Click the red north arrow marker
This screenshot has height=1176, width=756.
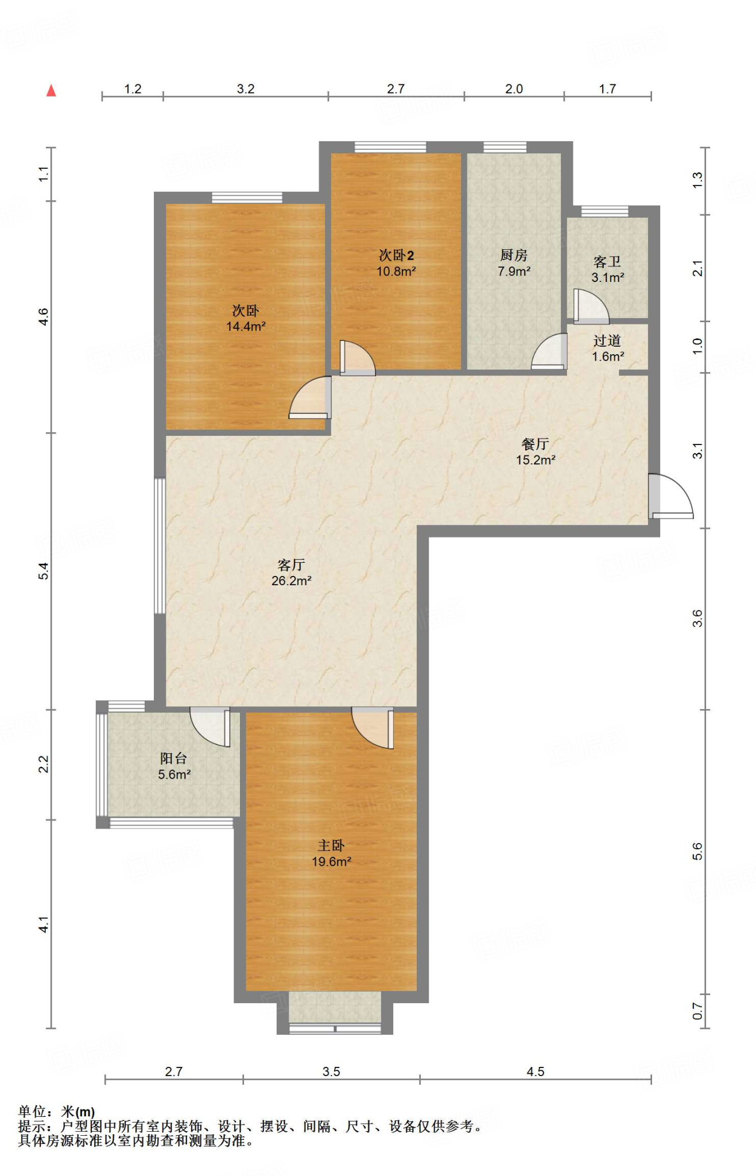coord(51,90)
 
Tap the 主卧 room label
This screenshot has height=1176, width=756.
coord(331,845)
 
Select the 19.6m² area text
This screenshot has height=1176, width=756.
coord(331,861)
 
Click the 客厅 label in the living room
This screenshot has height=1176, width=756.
coord(291,564)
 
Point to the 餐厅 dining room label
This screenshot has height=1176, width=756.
coord(535,444)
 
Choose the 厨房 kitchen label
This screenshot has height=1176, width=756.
coord(514,255)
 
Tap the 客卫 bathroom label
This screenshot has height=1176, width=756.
coord(607,262)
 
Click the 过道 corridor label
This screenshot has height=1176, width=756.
coord(607,341)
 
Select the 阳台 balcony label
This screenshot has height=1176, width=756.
coord(173,758)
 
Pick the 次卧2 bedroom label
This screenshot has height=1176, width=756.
coord(396,255)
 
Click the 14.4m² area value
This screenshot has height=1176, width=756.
coord(246,327)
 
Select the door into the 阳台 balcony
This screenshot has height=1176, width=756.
coord(210,727)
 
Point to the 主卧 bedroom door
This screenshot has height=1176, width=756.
coord(373,728)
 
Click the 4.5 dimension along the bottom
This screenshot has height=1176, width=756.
coord(535,1071)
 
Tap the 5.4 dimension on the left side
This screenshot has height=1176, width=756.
coord(44,571)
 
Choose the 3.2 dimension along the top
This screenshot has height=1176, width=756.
coord(246,89)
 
